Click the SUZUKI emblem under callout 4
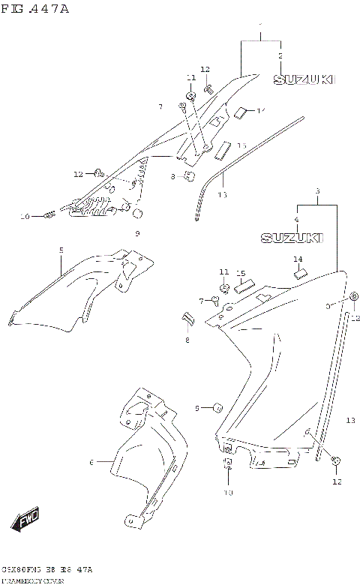pos(292,238)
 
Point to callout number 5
pos(61,250)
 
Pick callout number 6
pos(91,462)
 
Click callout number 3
pos(317,192)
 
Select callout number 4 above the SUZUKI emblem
pos(296,220)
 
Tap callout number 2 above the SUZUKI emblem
pos(280,56)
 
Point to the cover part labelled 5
pos(82,289)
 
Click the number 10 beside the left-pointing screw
pos(24,216)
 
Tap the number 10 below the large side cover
pos(228,493)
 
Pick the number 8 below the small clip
pos(187,340)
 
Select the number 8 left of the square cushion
pos(172,177)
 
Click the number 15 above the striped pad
pos(241,273)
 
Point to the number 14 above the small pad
pos(298,259)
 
